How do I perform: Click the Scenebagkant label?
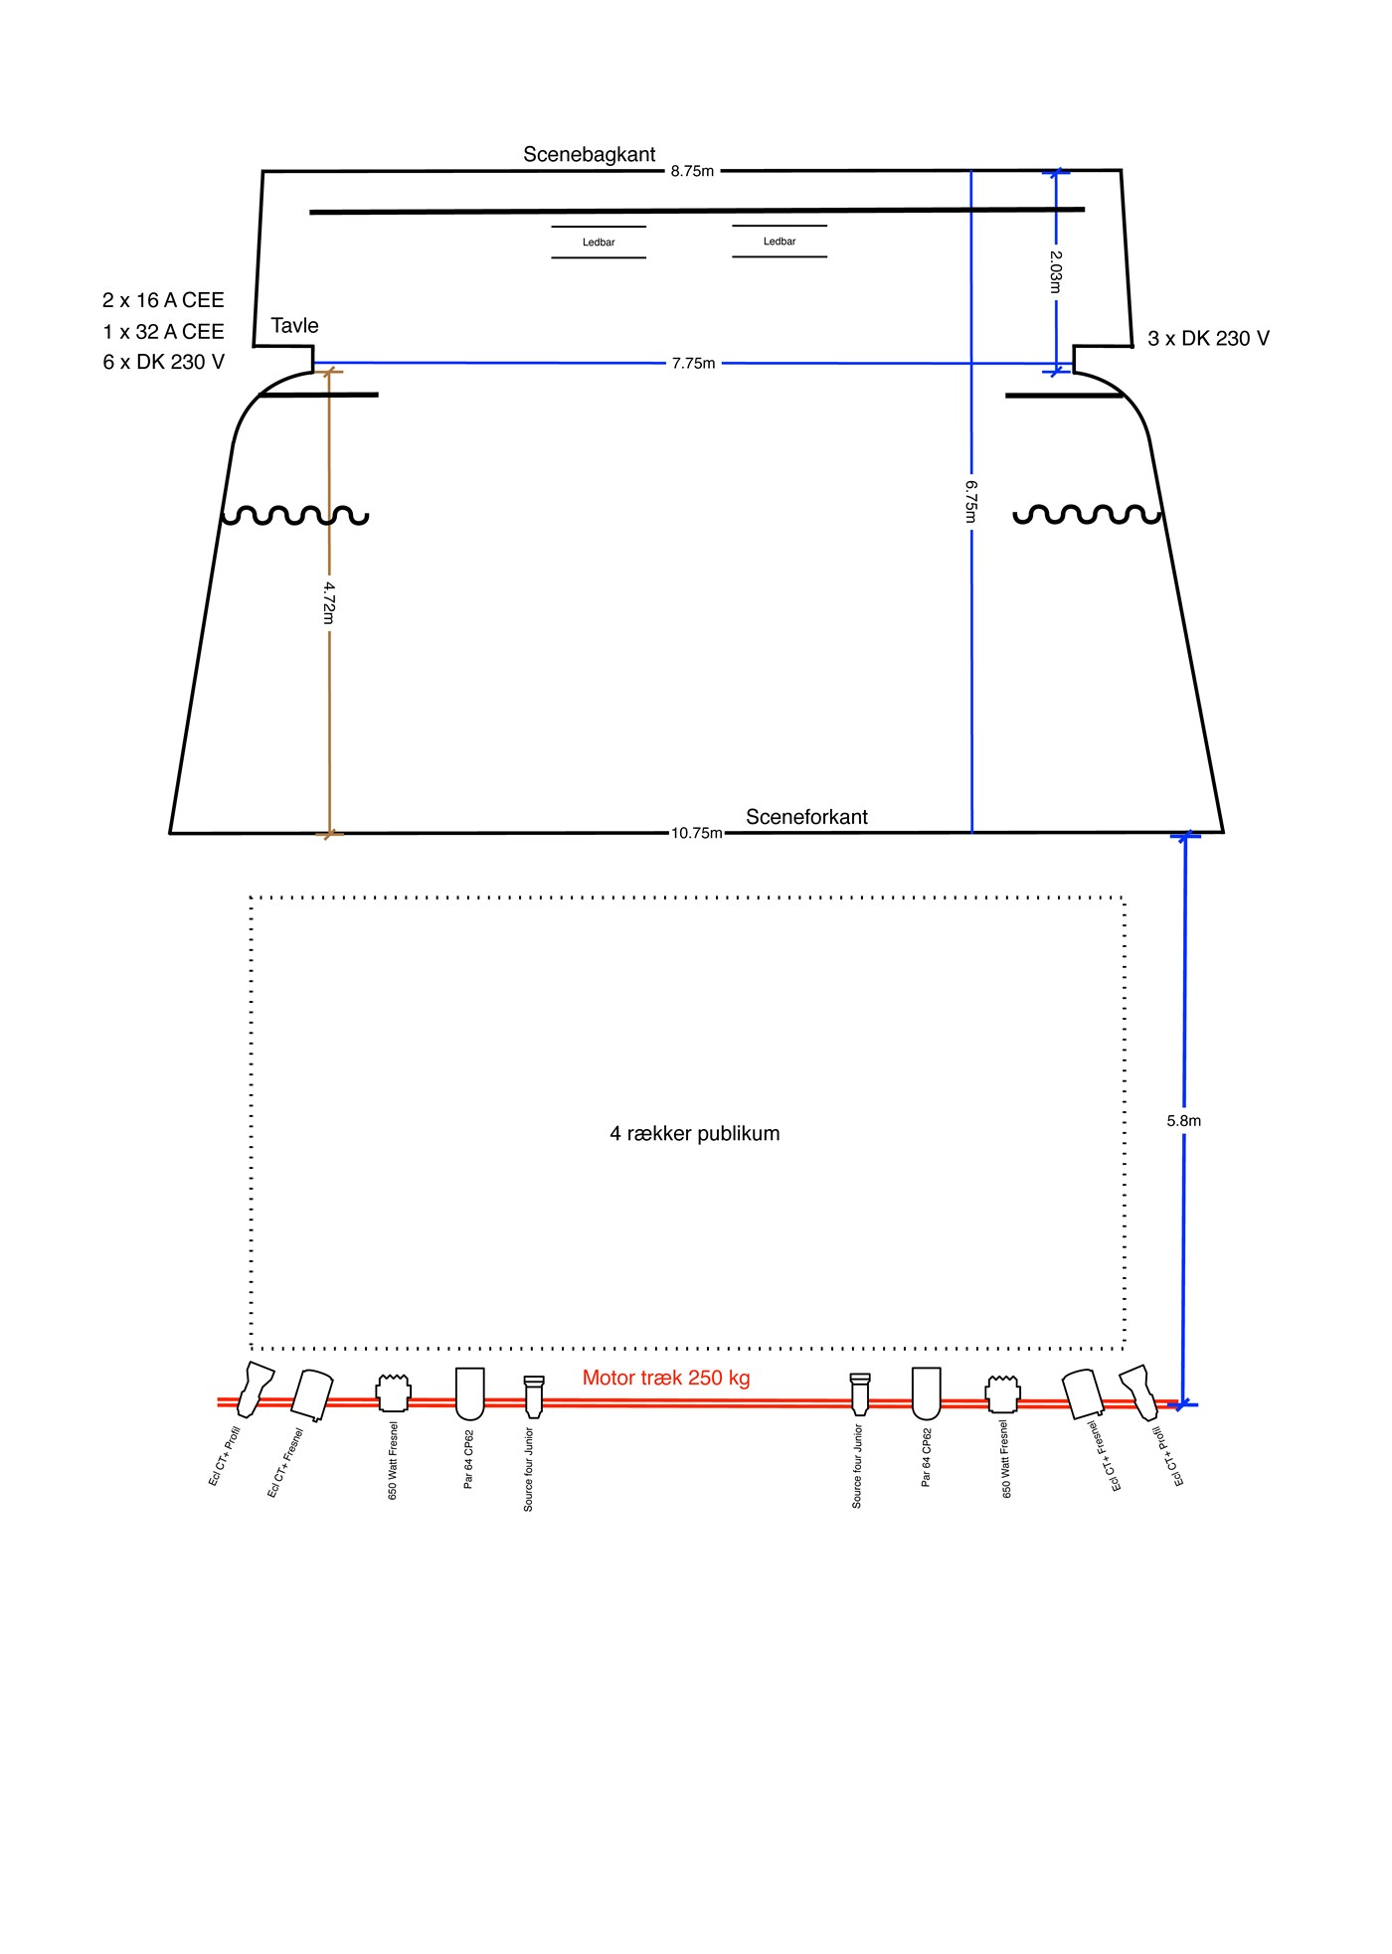(x=590, y=154)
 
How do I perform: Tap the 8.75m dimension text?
(x=692, y=171)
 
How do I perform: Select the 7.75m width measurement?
(x=693, y=363)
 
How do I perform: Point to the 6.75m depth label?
(x=971, y=502)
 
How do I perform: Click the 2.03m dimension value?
(x=1056, y=271)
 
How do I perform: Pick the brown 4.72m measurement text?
(x=330, y=603)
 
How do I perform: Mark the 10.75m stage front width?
(x=697, y=833)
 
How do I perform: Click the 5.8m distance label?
(x=1184, y=1120)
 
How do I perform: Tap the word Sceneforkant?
(x=806, y=817)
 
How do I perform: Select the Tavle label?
(x=294, y=326)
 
